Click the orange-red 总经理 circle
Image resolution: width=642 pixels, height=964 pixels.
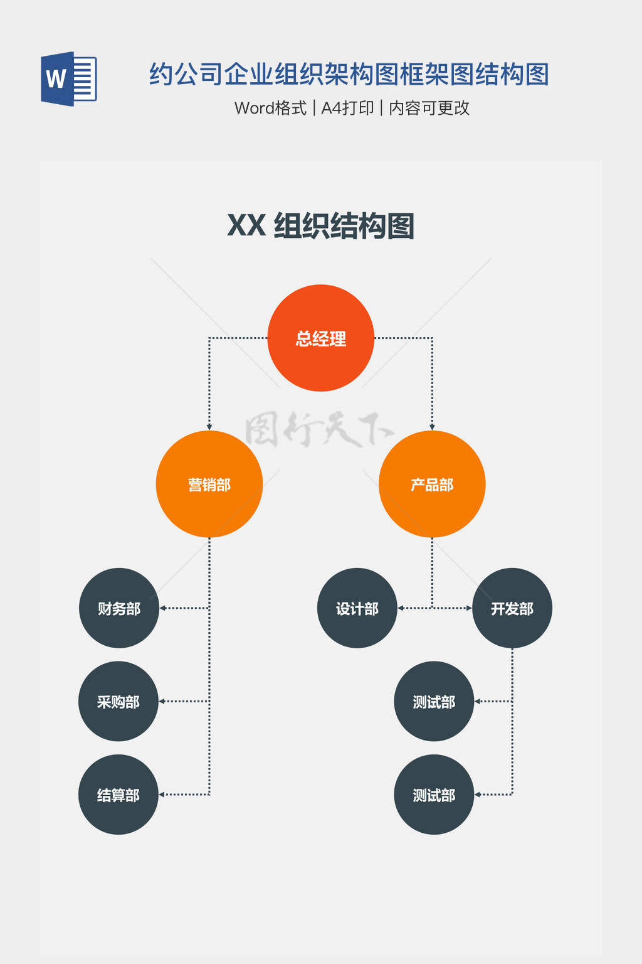click(x=320, y=338)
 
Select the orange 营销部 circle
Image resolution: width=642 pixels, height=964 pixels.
click(x=209, y=484)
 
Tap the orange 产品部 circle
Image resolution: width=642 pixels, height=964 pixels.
click(x=432, y=484)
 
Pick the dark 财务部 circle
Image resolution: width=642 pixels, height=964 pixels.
click(x=119, y=608)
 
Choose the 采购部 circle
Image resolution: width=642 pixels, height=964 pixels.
click(x=118, y=701)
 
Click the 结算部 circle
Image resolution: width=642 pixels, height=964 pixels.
click(x=118, y=795)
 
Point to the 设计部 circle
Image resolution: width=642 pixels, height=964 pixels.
click(x=357, y=608)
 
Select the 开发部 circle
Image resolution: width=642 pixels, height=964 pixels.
click(x=512, y=608)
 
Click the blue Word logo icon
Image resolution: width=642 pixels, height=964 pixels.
click(x=68, y=79)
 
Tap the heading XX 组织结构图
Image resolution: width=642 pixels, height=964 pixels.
click(x=320, y=226)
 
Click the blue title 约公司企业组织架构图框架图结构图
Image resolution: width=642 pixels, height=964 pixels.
click(x=349, y=74)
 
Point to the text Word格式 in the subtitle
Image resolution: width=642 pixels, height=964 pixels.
click(x=270, y=108)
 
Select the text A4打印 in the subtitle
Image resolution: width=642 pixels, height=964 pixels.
click(x=347, y=108)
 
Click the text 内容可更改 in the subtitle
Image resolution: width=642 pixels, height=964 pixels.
click(x=429, y=108)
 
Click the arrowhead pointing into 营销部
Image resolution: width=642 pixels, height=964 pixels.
click(x=209, y=427)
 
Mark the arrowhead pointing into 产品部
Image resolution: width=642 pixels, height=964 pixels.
click(x=432, y=427)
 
